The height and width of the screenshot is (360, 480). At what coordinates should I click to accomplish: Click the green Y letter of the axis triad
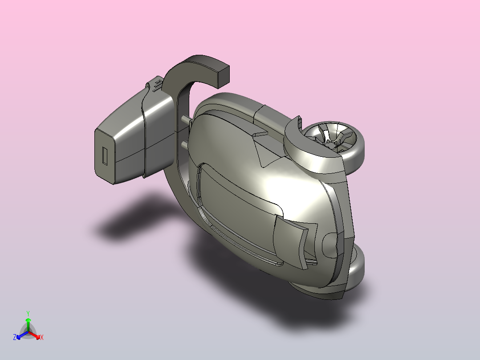tap(28, 313)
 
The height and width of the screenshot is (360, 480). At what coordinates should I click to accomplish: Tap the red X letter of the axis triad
tap(42, 337)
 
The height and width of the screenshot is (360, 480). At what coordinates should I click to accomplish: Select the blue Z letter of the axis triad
tap(14, 337)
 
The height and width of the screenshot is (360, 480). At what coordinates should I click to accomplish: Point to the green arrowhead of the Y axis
tap(28, 320)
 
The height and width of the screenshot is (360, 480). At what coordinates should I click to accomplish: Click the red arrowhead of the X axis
tap(38, 337)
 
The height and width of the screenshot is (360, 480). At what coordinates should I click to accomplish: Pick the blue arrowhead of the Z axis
tap(19, 337)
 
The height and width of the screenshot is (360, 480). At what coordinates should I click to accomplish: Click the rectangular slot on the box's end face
tap(105, 156)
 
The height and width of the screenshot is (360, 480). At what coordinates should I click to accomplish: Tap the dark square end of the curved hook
tap(224, 76)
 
